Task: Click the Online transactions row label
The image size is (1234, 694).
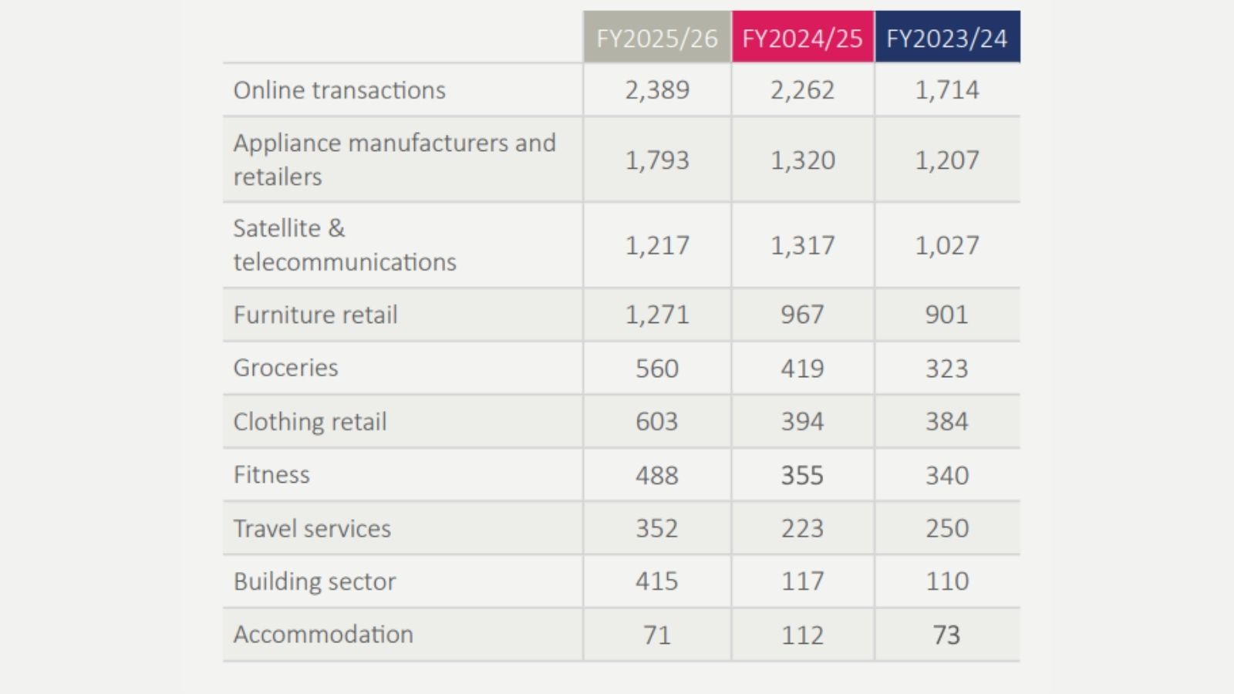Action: pos(339,89)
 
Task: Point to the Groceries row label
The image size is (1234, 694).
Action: pos(285,367)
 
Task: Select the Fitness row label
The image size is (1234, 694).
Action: pos(271,474)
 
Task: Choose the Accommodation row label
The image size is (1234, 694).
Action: pos(323,634)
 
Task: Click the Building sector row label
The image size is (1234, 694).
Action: pos(315,581)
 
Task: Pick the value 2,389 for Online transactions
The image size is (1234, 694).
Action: pos(657,89)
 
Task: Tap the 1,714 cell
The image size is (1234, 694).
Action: pos(947,89)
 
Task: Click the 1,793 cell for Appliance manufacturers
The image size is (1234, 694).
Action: pos(657,160)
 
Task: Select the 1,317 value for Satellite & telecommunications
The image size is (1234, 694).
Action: pos(802,245)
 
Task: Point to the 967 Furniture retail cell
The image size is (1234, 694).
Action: pos(802,315)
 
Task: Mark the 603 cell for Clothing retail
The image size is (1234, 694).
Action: pos(656,421)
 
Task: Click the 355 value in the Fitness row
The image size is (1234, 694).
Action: pos(802,475)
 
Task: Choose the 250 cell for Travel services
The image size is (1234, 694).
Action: pos(947,528)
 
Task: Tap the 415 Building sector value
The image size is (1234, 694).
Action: pos(656,581)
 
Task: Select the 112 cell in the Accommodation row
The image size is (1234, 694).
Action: pos(802,635)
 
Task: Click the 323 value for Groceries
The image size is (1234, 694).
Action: pos(946,368)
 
